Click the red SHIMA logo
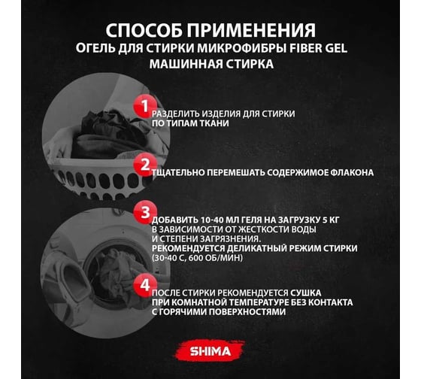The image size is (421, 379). (210, 350)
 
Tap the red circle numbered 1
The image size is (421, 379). (145, 106)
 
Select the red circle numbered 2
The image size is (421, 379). (145, 165)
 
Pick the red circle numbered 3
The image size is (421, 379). (145, 212)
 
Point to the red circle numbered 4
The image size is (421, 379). (145, 285)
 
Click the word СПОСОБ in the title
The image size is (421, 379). (144, 30)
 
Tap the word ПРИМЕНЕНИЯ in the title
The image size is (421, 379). (252, 30)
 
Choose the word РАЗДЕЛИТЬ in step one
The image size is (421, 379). (176, 114)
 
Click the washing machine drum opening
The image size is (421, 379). (110, 271)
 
